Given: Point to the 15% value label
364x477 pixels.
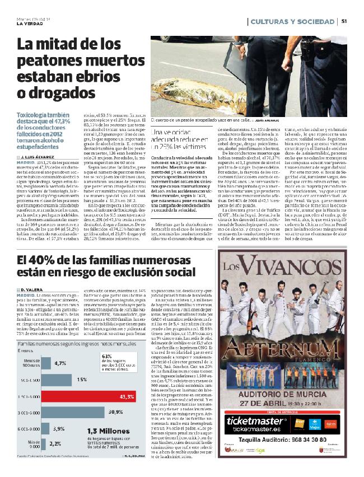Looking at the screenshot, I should pos(82,379).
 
